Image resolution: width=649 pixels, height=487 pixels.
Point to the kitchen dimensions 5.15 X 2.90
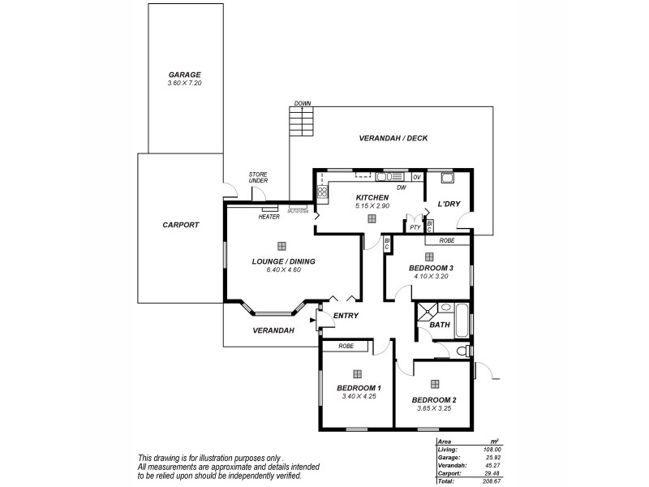pos(372,206)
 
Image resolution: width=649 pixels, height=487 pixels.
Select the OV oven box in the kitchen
pos(417,176)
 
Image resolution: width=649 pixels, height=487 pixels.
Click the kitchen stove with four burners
pos(321,193)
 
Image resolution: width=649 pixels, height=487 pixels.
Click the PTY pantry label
pos(415,228)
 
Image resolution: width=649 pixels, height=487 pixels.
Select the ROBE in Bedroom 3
pos(446,241)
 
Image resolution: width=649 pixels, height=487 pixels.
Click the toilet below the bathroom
pos(462,351)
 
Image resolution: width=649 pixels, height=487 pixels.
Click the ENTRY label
pos(346,316)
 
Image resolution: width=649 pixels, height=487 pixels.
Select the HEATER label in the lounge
pos(269,217)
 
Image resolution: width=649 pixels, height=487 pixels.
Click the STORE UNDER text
pos(258,177)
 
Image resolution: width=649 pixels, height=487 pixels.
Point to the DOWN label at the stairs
pos(303,104)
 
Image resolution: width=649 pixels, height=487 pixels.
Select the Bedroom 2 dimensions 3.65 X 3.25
pos(434,408)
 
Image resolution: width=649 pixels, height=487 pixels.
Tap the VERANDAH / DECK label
pos(393,138)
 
